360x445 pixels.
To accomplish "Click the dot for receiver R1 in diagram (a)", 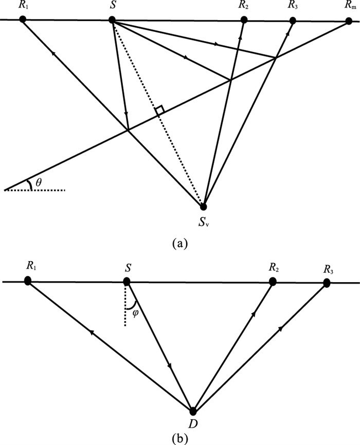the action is pyautogui.click(x=22, y=19).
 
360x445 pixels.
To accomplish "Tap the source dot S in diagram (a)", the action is pyautogui.click(x=112, y=20).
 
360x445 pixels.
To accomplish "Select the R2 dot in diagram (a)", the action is pyautogui.click(x=244, y=20).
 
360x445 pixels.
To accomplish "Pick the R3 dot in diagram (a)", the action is pyautogui.click(x=293, y=21).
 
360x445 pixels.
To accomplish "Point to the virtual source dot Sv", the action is pyautogui.click(x=204, y=207).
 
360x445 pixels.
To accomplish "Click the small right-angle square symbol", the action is pyautogui.click(x=160, y=110).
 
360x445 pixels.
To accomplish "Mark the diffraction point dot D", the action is pyautogui.click(x=193, y=411).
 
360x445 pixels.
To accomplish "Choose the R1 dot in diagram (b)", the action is pyautogui.click(x=28, y=281).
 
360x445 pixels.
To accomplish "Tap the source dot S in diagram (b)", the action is pyautogui.click(x=127, y=282).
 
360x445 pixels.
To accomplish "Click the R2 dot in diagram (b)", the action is pyautogui.click(x=274, y=281).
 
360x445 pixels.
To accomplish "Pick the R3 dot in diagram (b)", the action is pyautogui.click(x=326, y=282).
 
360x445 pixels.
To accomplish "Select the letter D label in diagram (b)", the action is pyautogui.click(x=194, y=425).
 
